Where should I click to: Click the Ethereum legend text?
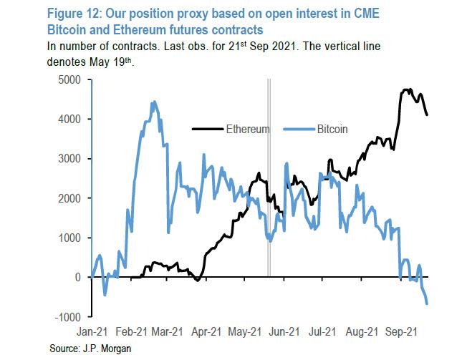coord(247,130)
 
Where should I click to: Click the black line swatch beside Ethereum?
coord(207,130)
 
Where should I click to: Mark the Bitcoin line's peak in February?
coord(154,102)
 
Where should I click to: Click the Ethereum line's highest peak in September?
coord(407,89)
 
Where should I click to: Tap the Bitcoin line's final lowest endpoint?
coord(428,304)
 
